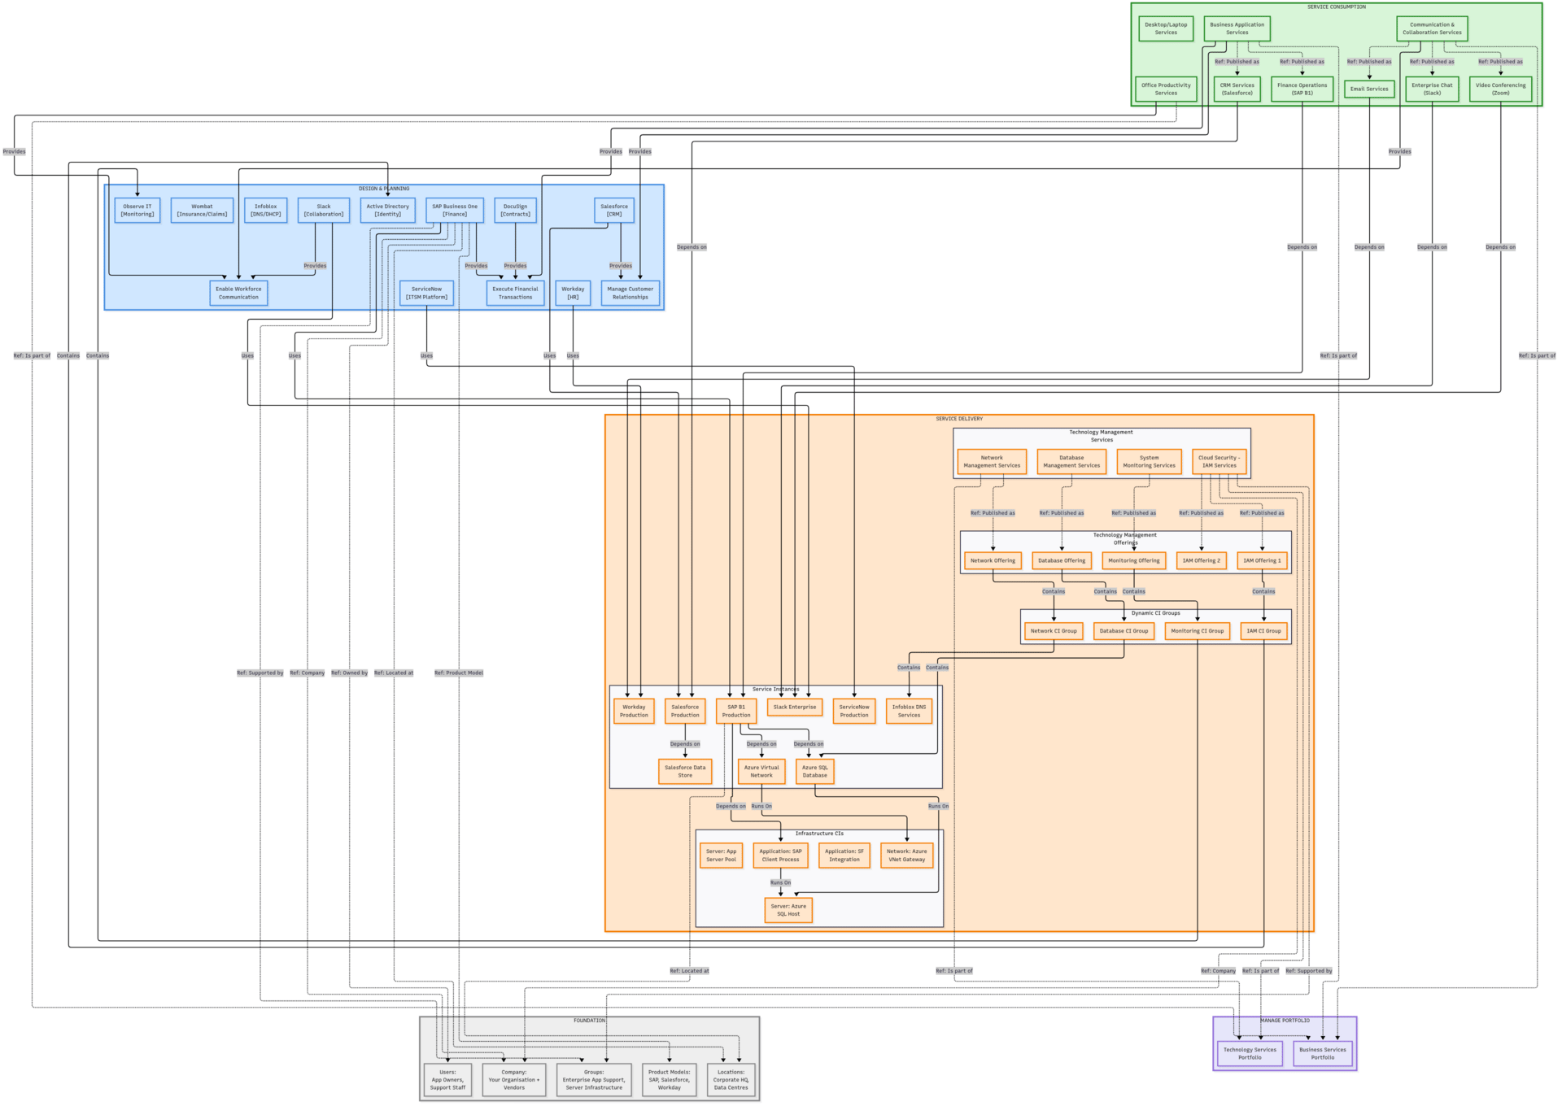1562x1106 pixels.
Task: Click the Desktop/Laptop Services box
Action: (x=1166, y=28)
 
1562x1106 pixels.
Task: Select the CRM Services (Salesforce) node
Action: (x=1237, y=89)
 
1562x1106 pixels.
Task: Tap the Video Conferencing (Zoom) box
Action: (x=1500, y=89)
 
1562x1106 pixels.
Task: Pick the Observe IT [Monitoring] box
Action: (x=137, y=210)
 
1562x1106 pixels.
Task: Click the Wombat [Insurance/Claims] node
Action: (x=202, y=210)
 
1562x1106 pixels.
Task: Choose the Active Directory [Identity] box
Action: (x=387, y=210)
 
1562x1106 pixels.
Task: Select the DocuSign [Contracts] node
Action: (x=515, y=210)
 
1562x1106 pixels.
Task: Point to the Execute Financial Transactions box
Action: (x=515, y=293)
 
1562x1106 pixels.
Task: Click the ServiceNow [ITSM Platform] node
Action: (x=426, y=293)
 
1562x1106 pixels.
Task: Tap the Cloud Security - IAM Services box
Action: (x=1219, y=461)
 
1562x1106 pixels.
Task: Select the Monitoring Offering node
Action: (x=1133, y=560)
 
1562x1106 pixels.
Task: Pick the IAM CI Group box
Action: (x=1263, y=631)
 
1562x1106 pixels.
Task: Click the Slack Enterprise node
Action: (x=794, y=708)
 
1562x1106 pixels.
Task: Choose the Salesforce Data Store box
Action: (x=685, y=771)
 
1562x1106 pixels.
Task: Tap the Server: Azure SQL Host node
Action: (x=788, y=910)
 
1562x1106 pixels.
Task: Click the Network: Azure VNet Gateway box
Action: (x=906, y=856)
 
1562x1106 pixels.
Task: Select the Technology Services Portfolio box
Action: (x=1250, y=1053)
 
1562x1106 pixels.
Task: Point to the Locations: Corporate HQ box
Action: (x=731, y=1080)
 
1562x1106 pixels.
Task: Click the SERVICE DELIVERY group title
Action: (x=959, y=419)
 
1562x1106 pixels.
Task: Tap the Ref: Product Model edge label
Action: (x=459, y=673)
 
